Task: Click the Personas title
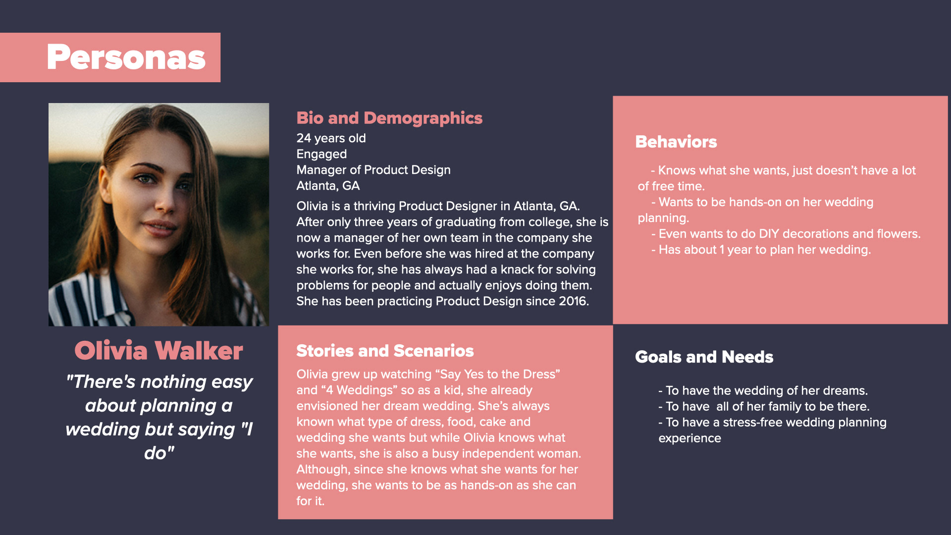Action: pyautogui.click(x=126, y=57)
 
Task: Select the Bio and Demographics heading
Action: pyautogui.click(x=389, y=118)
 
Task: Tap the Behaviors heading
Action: pyautogui.click(x=676, y=142)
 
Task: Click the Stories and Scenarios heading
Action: pyautogui.click(x=385, y=351)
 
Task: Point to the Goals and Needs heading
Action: pyautogui.click(x=704, y=357)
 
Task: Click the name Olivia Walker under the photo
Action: pyautogui.click(x=158, y=351)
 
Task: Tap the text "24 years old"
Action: pyautogui.click(x=331, y=138)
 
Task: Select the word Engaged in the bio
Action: pyautogui.click(x=321, y=154)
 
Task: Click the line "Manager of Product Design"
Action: pyautogui.click(x=373, y=170)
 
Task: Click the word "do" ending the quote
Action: pyautogui.click(x=158, y=453)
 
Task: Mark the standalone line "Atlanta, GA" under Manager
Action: pyautogui.click(x=328, y=186)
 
